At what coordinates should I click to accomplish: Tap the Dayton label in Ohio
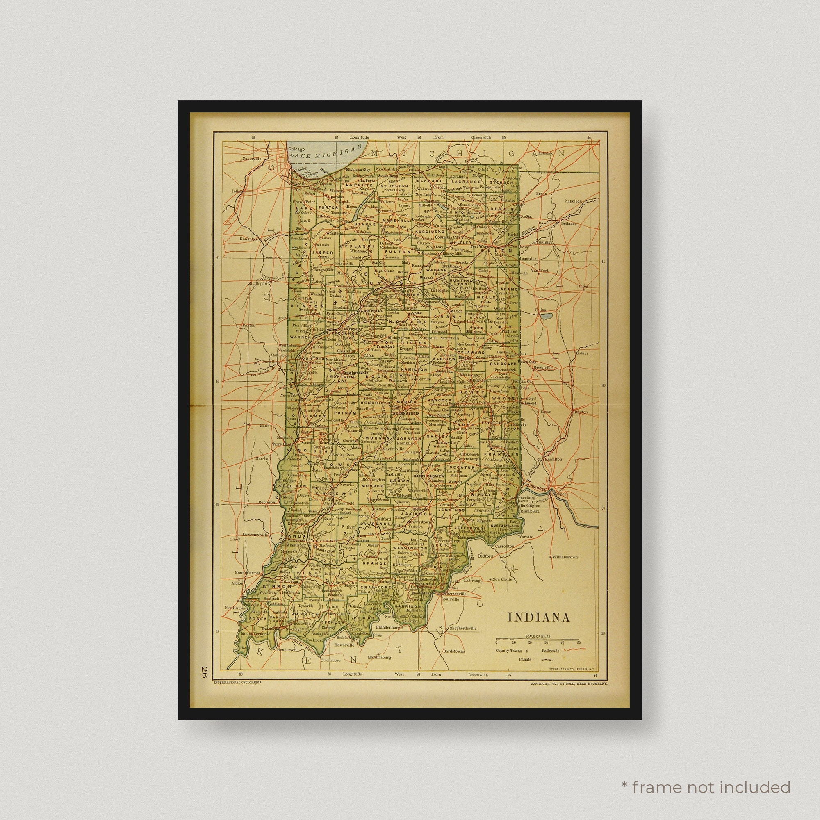pos(581,412)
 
